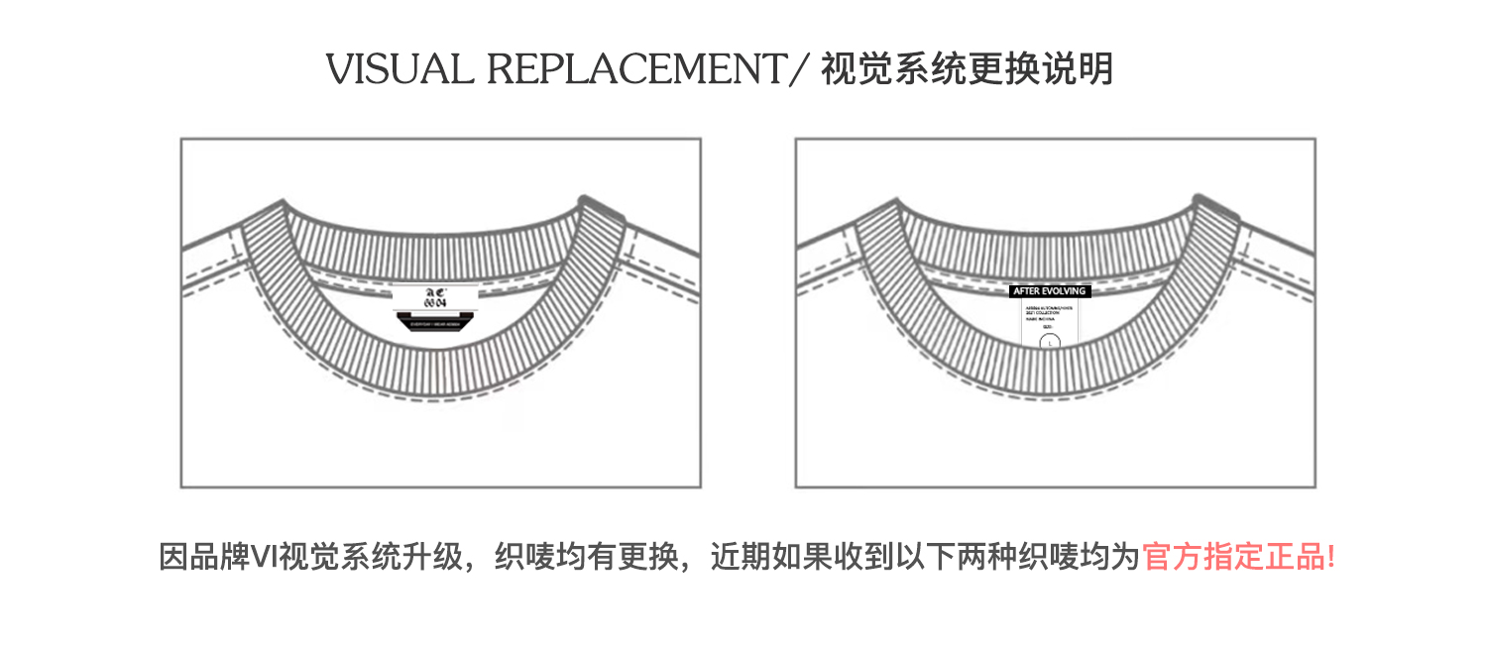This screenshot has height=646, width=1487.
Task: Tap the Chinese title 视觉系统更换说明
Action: point(968,69)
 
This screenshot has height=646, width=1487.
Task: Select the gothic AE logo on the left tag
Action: point(434,291)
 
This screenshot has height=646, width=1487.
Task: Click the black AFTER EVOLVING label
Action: point(1050,291)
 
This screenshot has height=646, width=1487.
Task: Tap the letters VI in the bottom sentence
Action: point(264,557)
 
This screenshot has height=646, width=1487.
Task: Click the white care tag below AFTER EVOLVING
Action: point(1050,323)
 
